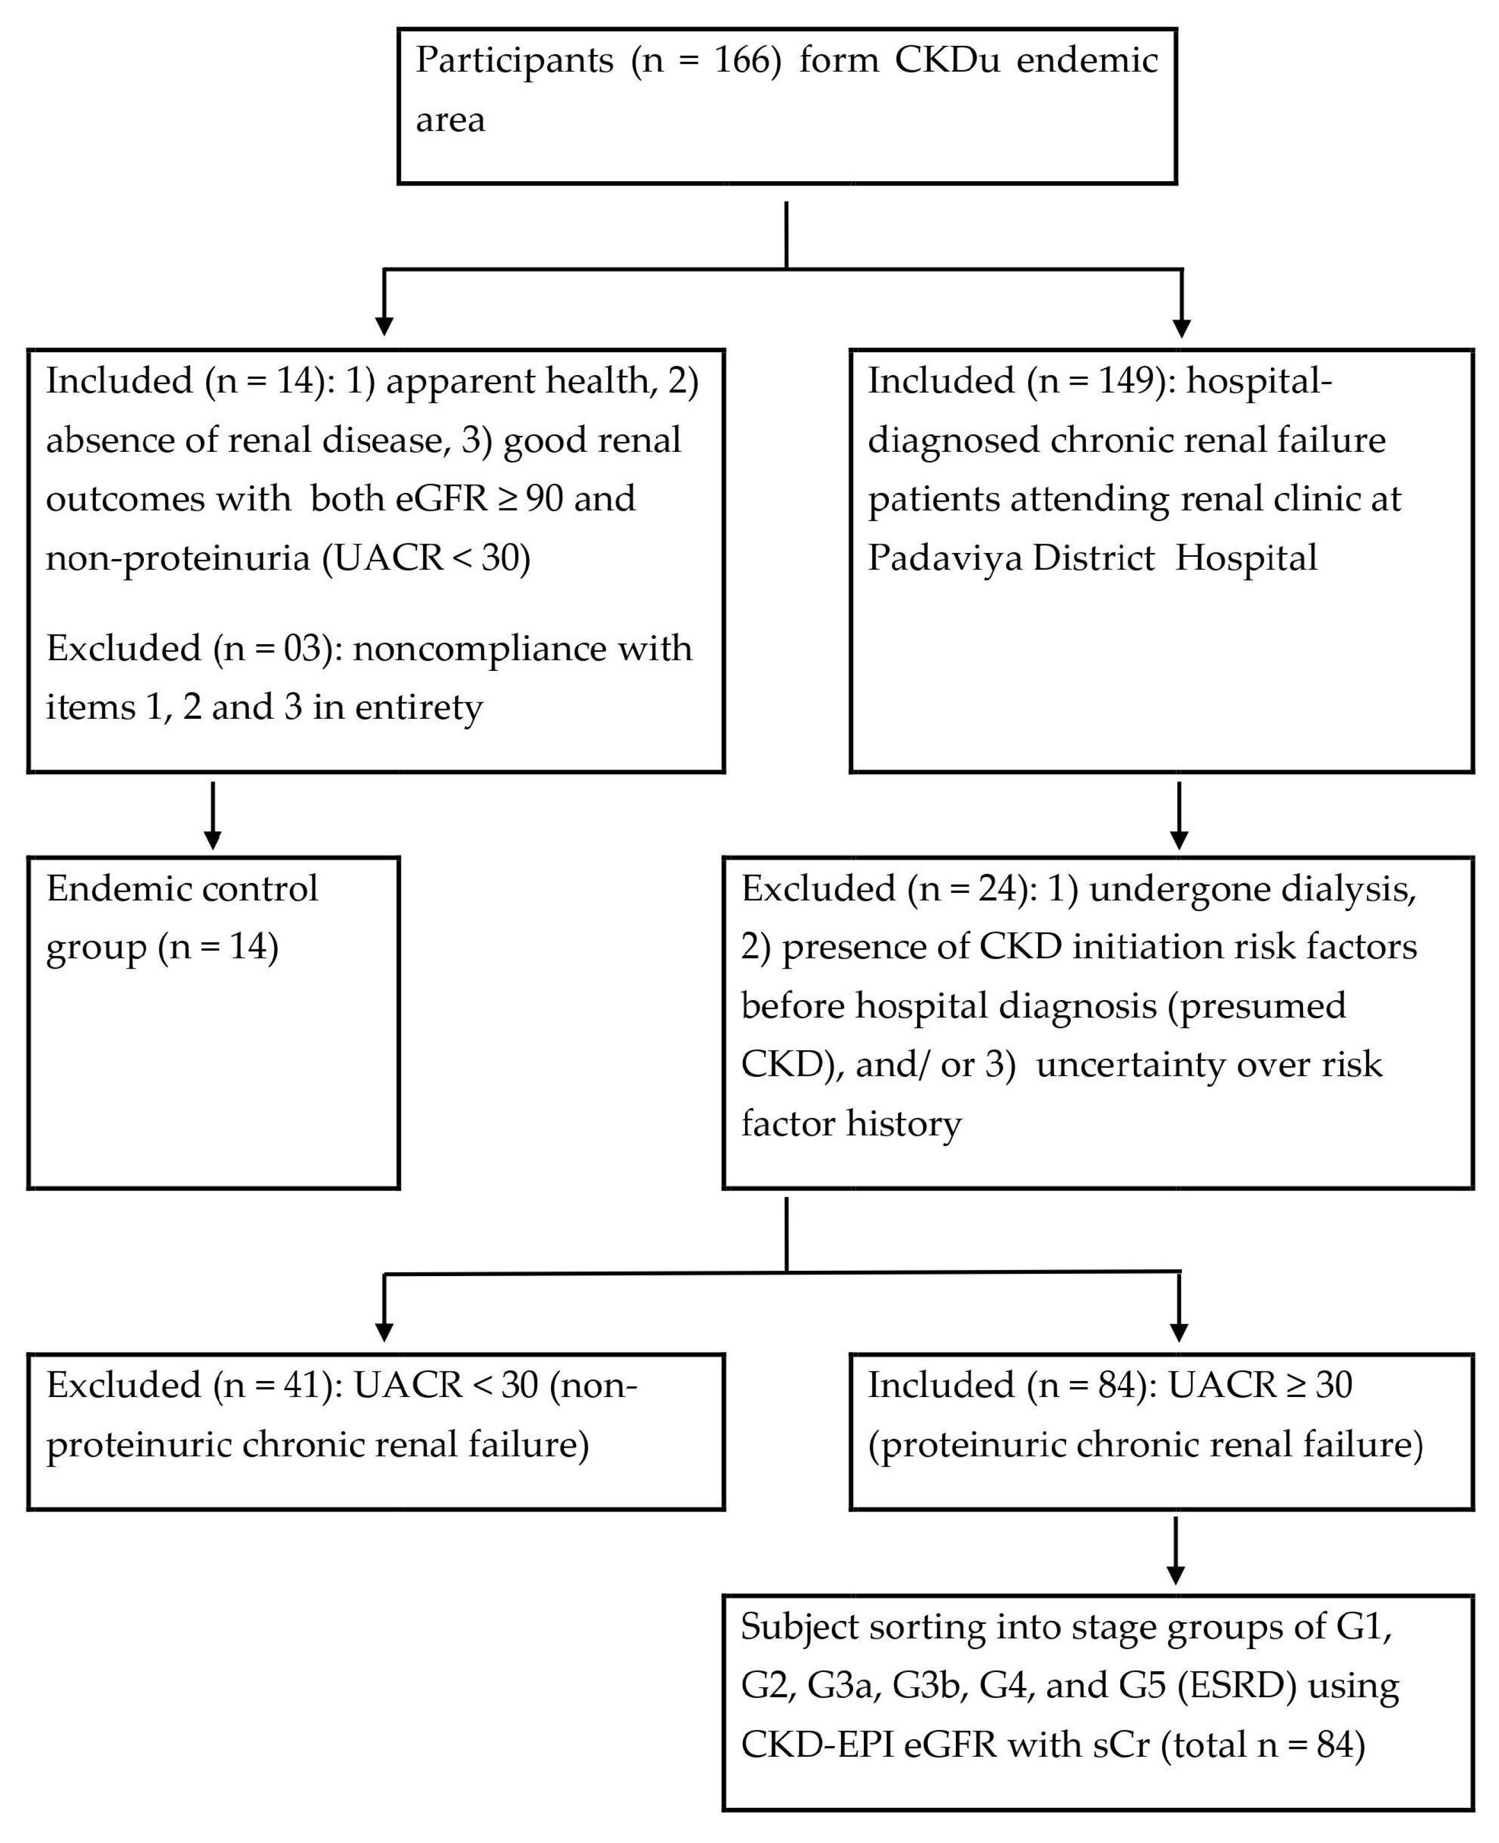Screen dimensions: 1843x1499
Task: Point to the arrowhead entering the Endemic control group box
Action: (213, 840)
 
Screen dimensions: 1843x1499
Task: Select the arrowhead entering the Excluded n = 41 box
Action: (384, 1332)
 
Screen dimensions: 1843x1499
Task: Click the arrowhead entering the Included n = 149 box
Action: (1181, 328)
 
